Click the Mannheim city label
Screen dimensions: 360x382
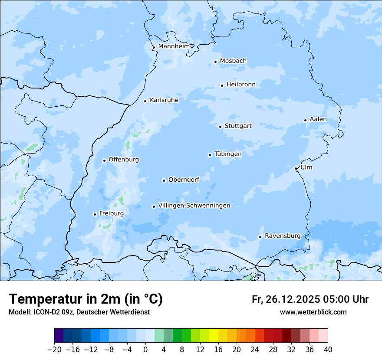(x=174, y=46)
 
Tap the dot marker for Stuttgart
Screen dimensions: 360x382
(x=220, y=127)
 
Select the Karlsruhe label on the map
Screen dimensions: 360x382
(x=164, y=100)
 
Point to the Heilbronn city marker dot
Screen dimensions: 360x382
(x=222, y=85)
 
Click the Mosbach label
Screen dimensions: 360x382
(x=233, y=61)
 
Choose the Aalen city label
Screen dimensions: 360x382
(x=318, y=119)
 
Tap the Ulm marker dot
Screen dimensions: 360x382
(x=296, y=168)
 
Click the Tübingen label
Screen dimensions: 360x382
(x=228, y=154)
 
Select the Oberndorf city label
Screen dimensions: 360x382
(x=184, y=180)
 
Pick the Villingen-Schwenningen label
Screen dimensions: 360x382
(x=194, y=206)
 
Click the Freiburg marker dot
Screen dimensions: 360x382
(x=95, y=214)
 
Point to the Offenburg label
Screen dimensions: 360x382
(x=124, y=160)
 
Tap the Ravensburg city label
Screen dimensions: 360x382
(x=283, y=236)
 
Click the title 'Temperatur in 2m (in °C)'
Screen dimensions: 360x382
(x=86, y=299)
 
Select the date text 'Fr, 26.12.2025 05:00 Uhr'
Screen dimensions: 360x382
(x=310, y=299)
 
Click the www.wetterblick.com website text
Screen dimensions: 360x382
(x=313, y=312)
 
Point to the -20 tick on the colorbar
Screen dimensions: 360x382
(x=54, y=350)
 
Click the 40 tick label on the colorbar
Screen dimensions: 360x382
(x=328, y=350)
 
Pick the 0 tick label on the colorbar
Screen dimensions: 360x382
(x=145, y=350)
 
